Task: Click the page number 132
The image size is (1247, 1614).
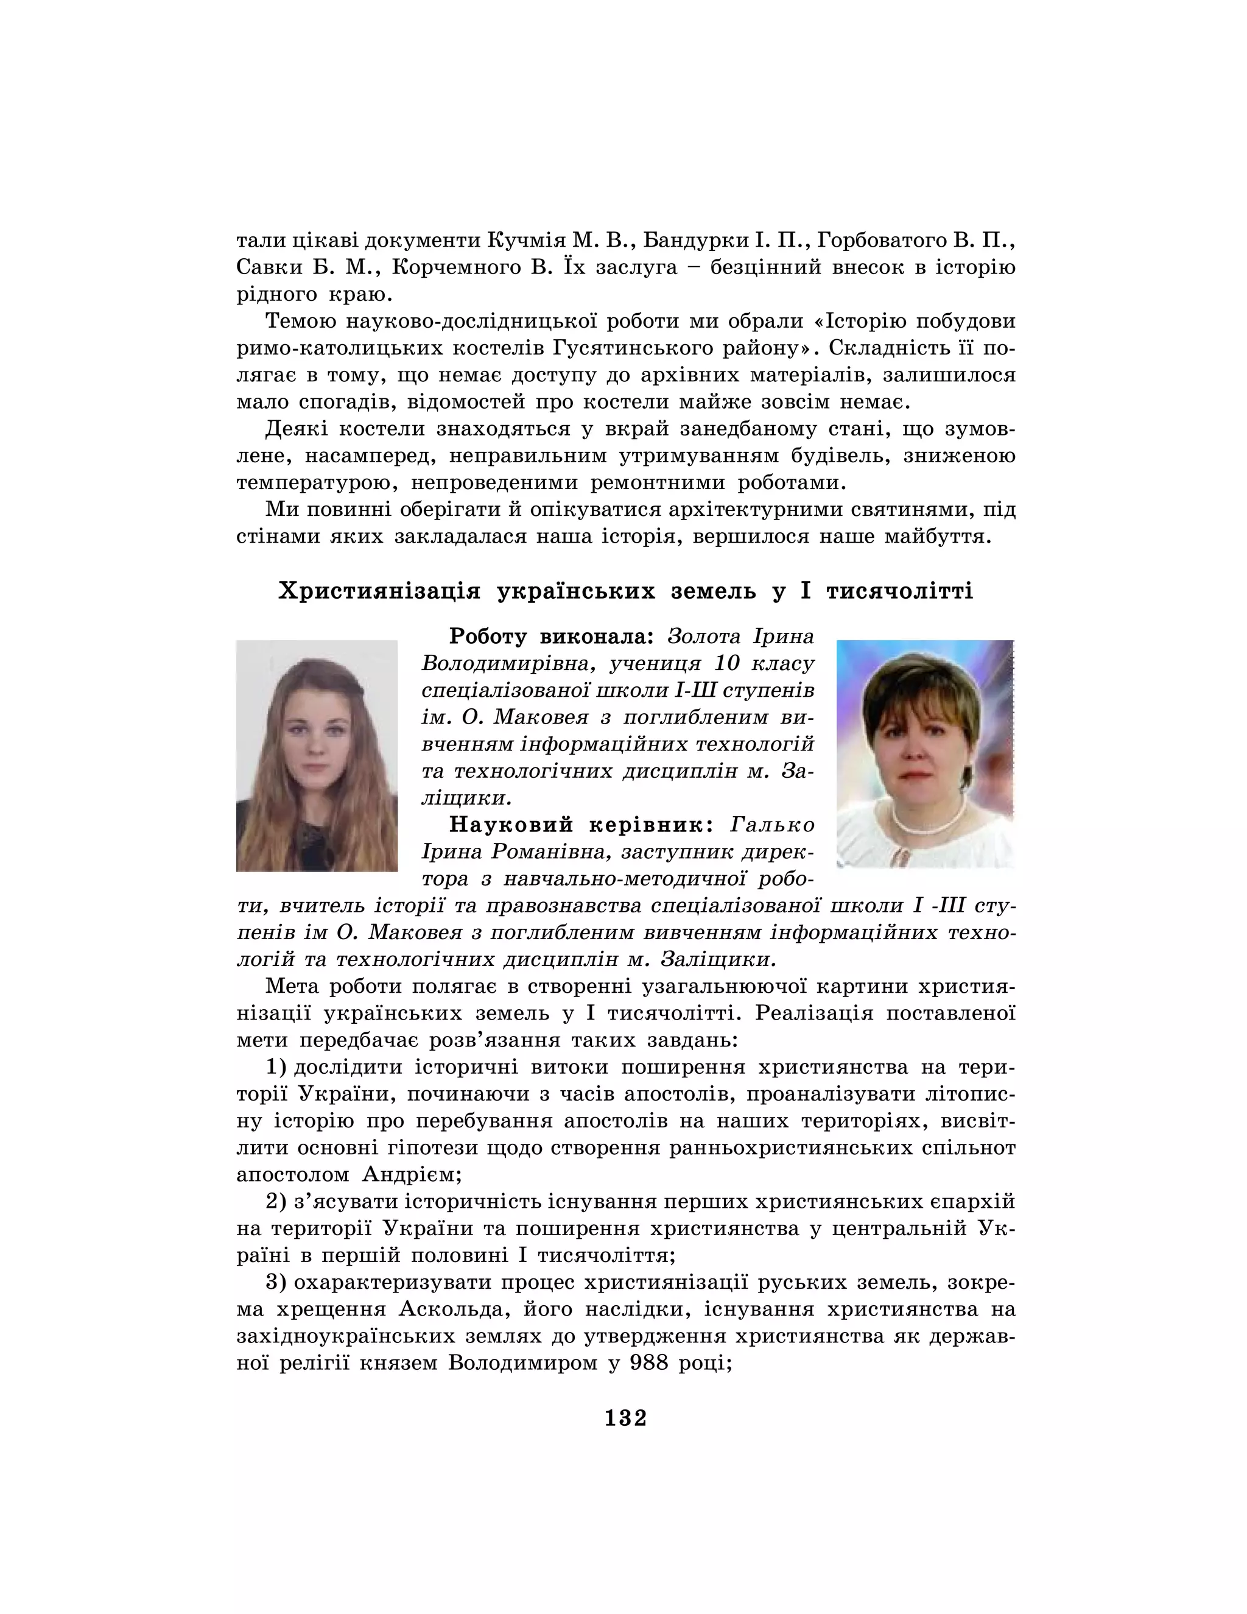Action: pyautogui.click(x=625, y=1418)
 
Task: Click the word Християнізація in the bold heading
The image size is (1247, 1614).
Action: pyautogui.click(x=379, y=591)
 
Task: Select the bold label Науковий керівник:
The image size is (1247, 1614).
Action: pyautogui.click(x=581, y=824)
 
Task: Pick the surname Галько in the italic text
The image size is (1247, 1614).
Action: pyautogui.click(x=773, y=824)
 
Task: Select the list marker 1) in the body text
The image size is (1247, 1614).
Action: pyautogui.click(x=276, y=1067)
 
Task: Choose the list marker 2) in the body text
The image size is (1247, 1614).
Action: pyautogui.click(x=276, y=1202)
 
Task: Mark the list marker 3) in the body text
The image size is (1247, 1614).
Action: pyautogui.click(x=276, y=1282)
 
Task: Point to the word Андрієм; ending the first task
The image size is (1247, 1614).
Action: pyautogui.click(x=412, y=1175)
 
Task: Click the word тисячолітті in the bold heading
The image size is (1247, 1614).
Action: pyautogui.click(x=899, y=591)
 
